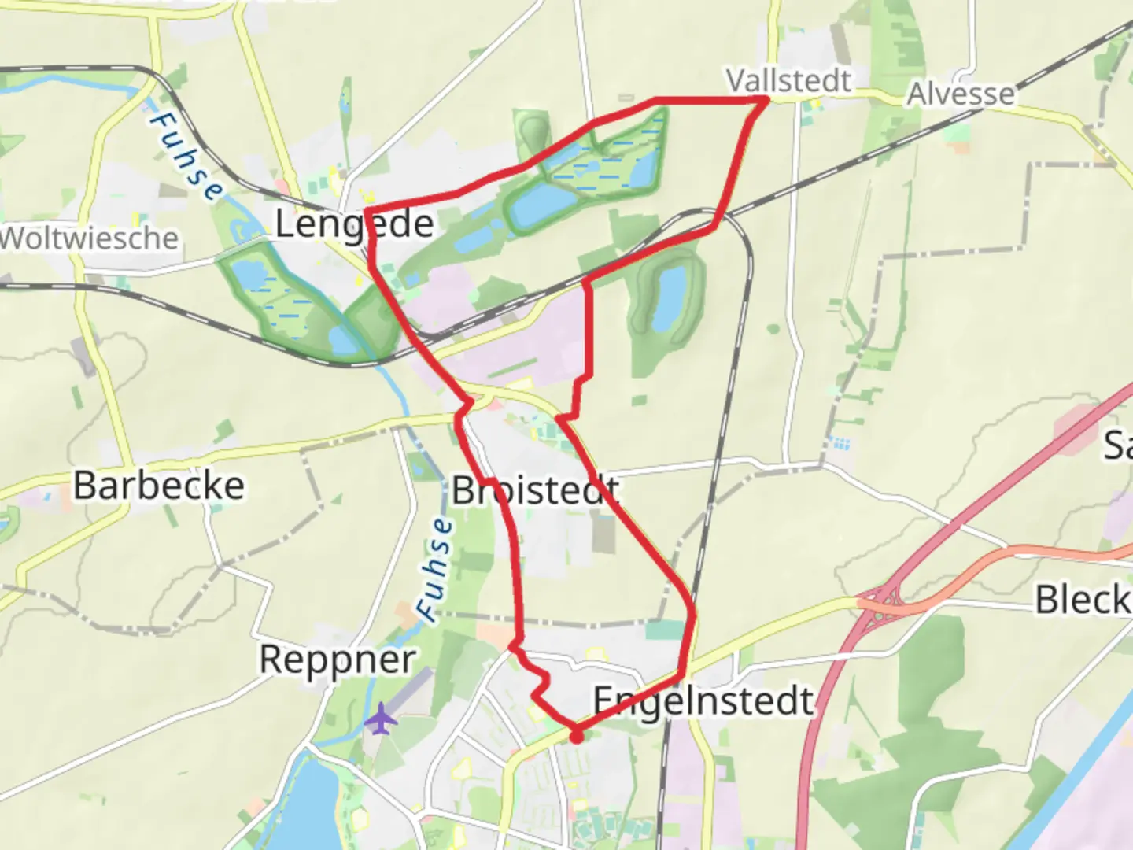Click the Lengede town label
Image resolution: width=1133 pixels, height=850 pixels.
354,225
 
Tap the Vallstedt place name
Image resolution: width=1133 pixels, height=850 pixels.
788,80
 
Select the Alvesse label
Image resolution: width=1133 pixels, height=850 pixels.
961,94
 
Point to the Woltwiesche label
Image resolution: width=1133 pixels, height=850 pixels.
89,238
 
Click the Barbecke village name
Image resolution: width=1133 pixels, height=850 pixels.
159,486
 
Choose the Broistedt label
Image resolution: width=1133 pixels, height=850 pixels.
535,491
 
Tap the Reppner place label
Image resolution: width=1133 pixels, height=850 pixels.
338,660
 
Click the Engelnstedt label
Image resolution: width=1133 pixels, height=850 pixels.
703,700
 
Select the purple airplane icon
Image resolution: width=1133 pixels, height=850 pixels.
381,719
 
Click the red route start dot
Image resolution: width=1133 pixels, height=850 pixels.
576,737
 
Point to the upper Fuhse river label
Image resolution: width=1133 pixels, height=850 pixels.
186,157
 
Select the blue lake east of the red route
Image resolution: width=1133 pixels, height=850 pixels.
667,297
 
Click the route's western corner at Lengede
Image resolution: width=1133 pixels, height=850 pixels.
367,211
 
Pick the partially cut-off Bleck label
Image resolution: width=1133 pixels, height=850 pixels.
1083,601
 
